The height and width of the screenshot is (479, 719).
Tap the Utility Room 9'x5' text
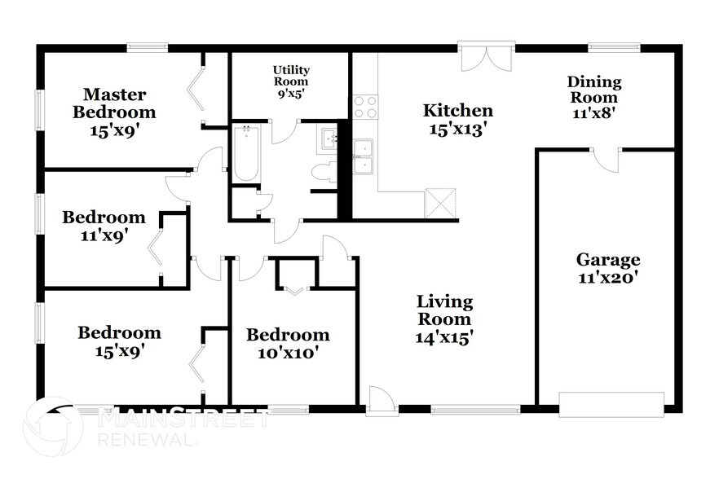coord(291,81)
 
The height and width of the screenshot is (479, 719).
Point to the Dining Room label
coord(594,98)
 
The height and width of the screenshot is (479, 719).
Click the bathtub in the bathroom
coord(245,153)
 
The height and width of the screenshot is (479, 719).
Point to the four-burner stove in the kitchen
coord(364,107)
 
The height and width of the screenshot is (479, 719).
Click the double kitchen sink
coord(364,156)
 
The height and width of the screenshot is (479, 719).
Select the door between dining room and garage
coord(606,159)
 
